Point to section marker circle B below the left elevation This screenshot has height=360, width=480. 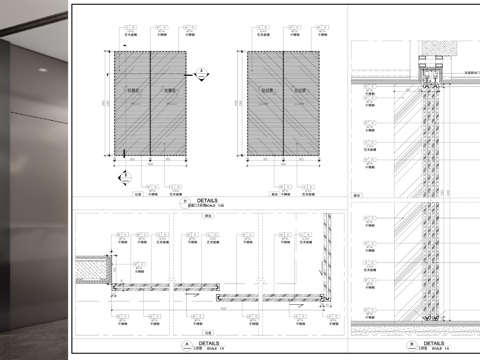pos(126,176)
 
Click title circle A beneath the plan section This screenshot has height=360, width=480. pos(187,344)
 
